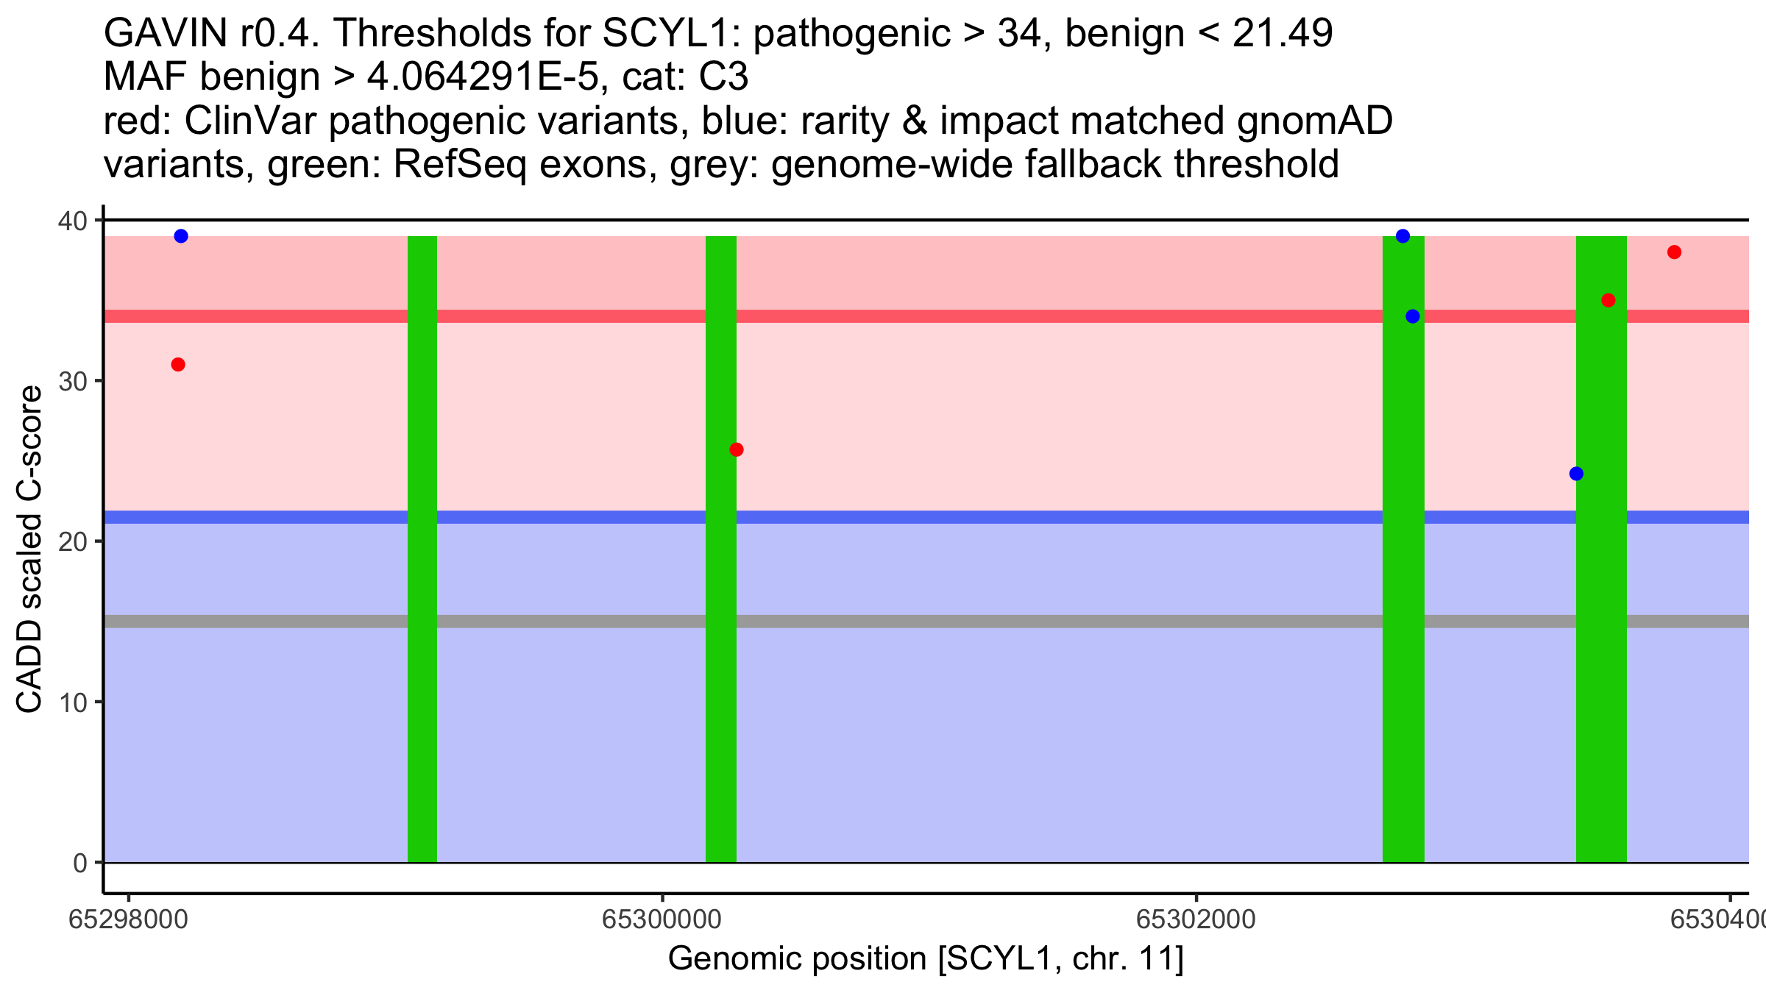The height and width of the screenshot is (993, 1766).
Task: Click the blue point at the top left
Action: click(181, 236)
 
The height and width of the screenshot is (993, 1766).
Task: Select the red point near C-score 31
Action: click(178, 365)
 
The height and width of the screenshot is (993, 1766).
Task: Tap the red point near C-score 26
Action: click(737, 449)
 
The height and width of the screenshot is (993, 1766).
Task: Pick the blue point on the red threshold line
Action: click(1413, 316)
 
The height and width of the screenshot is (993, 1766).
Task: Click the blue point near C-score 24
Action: click(1576, 474)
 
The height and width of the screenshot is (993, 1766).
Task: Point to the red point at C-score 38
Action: click(1675, 252)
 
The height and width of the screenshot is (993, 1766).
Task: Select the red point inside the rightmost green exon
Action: click(1609, 300)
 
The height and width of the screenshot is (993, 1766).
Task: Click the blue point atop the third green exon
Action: click(1403, 236)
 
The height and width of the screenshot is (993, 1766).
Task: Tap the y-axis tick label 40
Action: click(74, 221)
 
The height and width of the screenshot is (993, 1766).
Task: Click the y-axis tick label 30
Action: click(74, 381)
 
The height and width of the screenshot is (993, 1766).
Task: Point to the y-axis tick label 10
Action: click(74, 702)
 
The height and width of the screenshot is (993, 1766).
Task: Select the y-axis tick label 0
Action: click(81, 863)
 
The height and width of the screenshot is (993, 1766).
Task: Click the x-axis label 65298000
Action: click(129, 920)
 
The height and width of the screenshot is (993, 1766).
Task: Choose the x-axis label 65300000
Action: click(662, 920)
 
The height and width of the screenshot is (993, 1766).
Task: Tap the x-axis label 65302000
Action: click(1196, 920)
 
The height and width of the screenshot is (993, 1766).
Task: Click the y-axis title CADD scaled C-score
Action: click(29, 549)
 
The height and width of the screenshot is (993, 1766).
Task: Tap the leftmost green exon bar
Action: click(422, 549)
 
